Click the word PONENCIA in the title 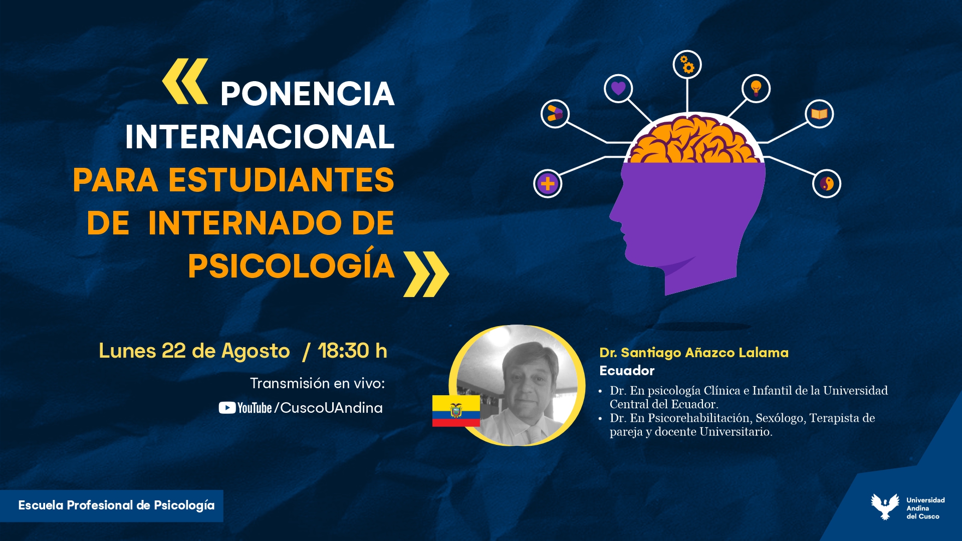[307, 94]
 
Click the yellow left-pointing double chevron [185, 81]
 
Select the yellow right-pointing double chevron [426, 274]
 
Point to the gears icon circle [687, 65]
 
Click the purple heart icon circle [618, 89]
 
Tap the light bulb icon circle [756, 89]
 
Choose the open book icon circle [819, 114]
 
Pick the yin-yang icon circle [827, 184]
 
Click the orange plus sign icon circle [548, 184]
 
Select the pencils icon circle [555, 114]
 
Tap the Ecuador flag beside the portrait [456, 411]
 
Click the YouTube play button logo [227, 408]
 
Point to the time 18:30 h [353, 351]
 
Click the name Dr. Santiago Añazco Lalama [694, 353]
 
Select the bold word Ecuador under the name [627, 371]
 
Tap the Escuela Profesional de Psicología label [116, 505]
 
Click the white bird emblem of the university [885, 506]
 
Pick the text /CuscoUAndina [329, 408]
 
